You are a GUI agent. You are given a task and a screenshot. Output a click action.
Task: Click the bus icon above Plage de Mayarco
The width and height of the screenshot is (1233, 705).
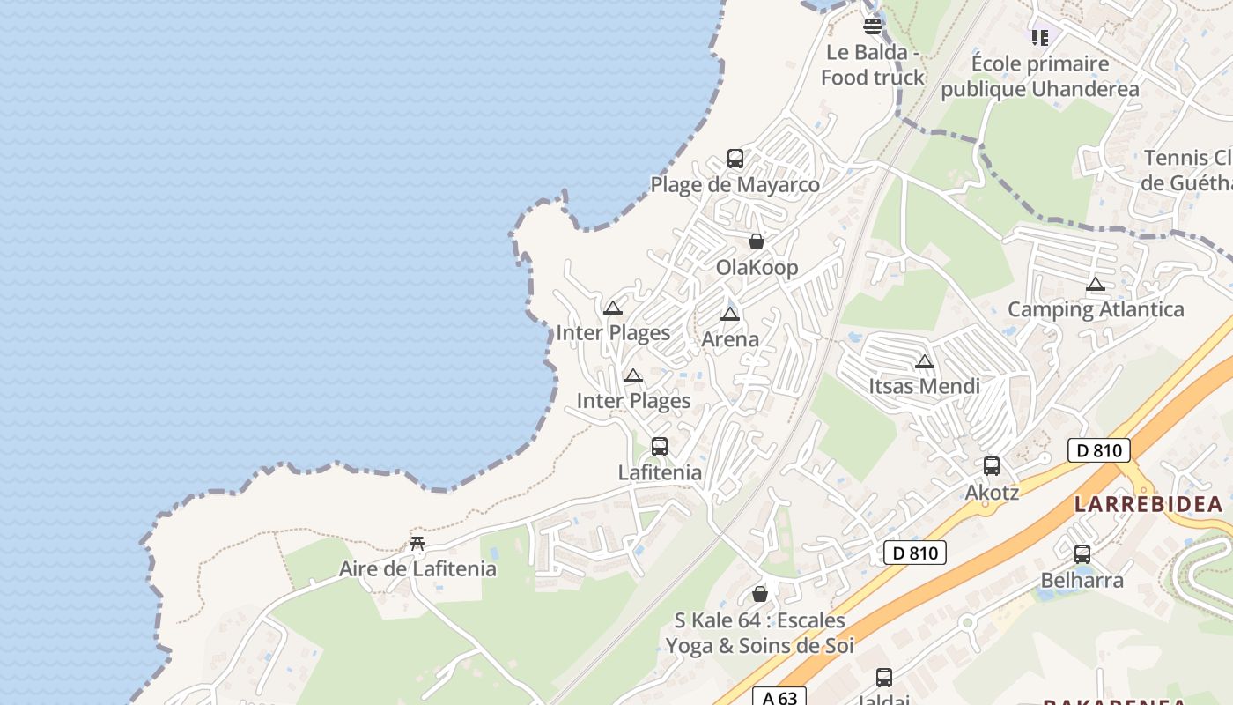[735, 159]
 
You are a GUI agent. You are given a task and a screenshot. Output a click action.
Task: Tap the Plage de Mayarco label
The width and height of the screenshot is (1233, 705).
[735, 185]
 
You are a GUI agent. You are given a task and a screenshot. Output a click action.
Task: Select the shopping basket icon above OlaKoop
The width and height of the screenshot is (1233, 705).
[757, 241]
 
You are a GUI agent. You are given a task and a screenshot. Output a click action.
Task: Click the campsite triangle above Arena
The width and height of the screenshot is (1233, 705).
[729, 314]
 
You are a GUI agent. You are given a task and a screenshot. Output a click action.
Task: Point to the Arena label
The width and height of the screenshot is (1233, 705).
[730, 339]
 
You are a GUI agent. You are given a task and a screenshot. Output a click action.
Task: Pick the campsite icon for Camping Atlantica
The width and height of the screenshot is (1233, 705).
[1096, 284]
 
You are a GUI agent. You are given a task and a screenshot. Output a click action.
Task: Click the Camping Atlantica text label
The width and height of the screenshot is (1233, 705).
[1096, 309]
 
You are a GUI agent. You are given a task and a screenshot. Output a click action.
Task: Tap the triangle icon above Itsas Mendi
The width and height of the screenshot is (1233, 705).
[924, 361]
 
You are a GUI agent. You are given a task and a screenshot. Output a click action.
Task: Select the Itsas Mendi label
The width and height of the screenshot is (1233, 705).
[924, 386]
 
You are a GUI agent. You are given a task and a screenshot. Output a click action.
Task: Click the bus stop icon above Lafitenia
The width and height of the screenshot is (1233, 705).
[660, 447]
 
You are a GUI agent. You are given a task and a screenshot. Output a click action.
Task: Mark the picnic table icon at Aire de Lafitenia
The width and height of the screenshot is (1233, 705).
[417, 543]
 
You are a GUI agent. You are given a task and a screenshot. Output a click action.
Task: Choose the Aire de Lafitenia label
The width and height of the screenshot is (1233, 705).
[417, 569]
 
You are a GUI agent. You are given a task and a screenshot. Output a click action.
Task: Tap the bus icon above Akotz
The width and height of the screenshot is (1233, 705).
[992, 466]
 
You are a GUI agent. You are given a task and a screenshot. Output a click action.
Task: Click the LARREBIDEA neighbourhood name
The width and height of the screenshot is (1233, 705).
[1148, 505]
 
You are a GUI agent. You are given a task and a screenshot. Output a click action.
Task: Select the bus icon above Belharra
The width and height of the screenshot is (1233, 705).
[1082, 554]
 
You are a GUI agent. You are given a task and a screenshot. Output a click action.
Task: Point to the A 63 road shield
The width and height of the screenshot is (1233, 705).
[779, 698]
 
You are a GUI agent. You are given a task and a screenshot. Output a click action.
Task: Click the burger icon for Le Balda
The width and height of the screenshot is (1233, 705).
[873, 26]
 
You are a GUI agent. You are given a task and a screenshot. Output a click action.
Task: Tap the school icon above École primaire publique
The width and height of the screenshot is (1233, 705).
[1040, 37]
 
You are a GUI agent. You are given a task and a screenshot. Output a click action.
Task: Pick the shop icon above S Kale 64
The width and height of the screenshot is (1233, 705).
[760, 594]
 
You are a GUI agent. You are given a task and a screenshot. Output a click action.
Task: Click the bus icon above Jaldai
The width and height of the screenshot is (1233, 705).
[884, 677]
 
